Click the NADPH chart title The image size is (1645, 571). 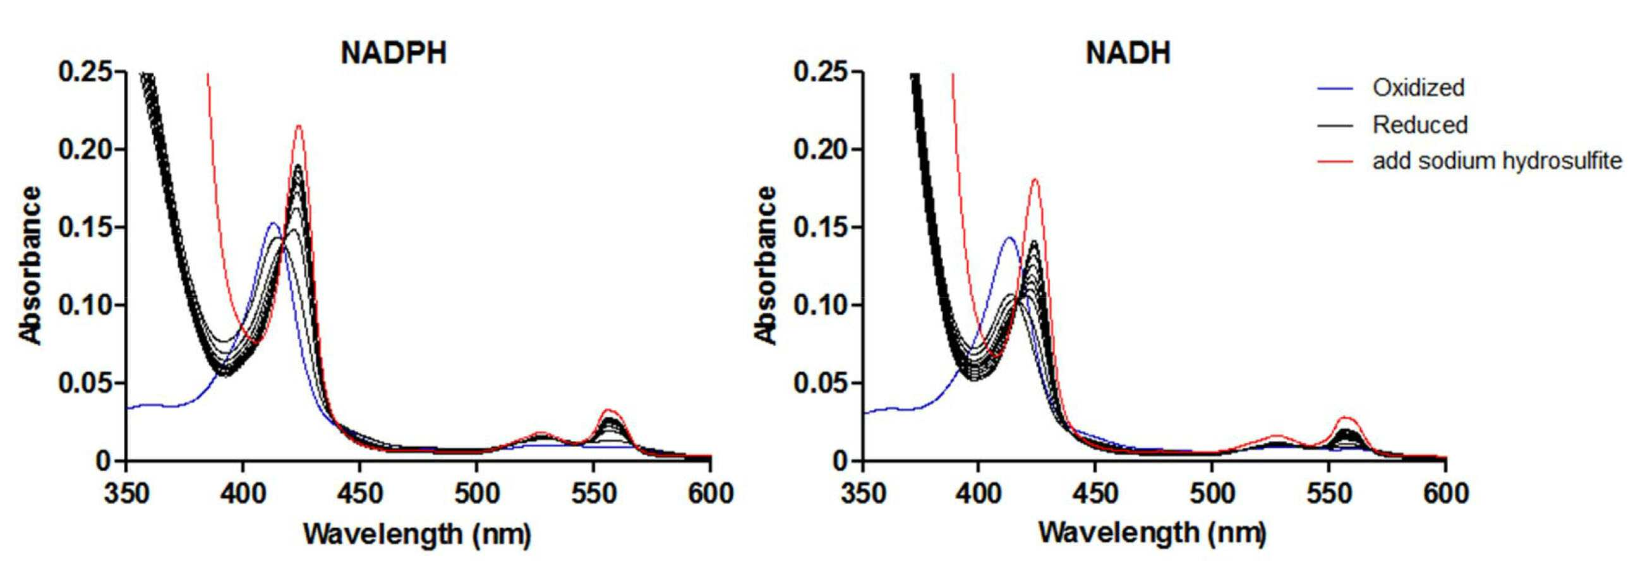[394, 52]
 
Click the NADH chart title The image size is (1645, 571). [1128, 52]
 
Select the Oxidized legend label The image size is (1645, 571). [1418, 88]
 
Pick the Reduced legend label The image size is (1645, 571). [1420, 124]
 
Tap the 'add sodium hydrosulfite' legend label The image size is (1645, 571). [1497, 161]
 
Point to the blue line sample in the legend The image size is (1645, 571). [1335, 88]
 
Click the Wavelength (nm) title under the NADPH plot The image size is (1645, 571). [417, 534]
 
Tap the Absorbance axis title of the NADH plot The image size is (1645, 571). [766, 265]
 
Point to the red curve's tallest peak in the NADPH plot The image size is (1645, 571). [298, 126]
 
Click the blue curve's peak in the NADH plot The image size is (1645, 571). [1009, 237]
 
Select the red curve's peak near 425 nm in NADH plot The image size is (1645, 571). [1035, 179]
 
